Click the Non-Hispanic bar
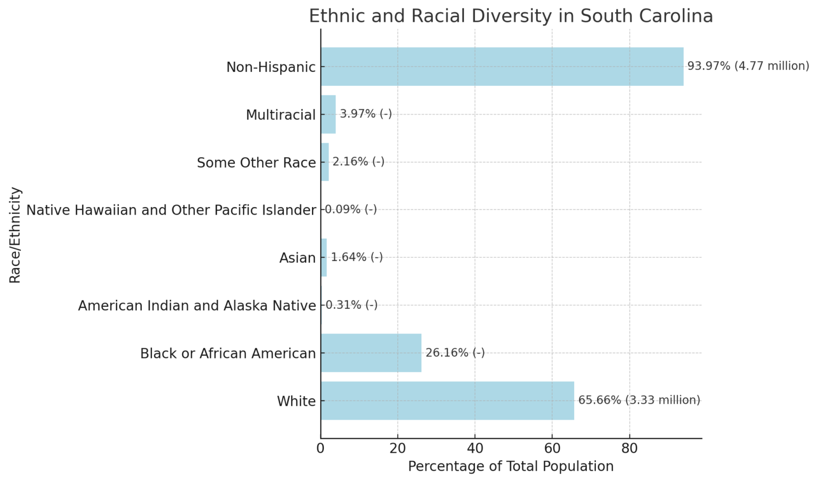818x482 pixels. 502,67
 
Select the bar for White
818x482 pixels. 447,401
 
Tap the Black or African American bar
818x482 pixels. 371,353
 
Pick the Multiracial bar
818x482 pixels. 328,114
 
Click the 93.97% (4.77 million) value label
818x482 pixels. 748,66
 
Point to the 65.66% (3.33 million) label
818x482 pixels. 639,400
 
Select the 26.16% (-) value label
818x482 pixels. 455,353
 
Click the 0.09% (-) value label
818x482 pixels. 351,209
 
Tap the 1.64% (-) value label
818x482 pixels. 357,257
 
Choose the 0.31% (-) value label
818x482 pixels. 351,305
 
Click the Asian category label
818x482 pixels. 298,258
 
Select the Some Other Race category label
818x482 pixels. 256,162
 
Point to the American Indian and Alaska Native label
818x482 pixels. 197,306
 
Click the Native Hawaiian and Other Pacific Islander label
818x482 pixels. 171,210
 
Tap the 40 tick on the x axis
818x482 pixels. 475,448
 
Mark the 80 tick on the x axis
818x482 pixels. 629,448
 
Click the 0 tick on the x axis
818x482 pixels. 321,448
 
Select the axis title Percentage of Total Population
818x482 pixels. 511,467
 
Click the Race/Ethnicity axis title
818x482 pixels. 15,235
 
